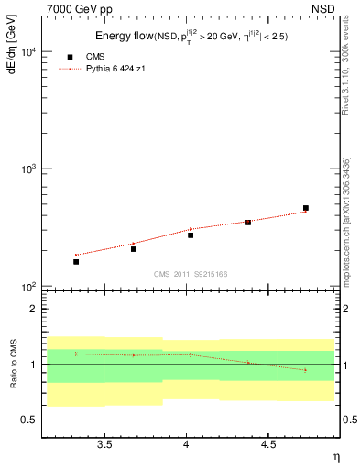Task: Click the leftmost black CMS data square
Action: [76, 262]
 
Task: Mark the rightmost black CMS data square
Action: [306, 208]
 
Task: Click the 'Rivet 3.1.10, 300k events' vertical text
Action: [346, 84]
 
